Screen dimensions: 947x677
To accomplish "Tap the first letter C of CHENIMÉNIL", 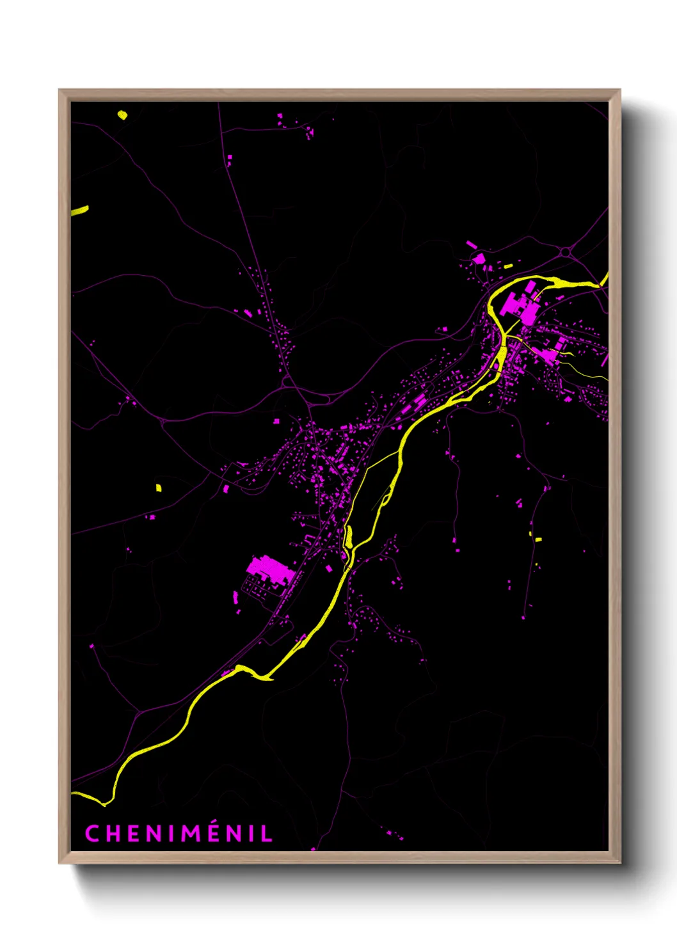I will coord(92,834).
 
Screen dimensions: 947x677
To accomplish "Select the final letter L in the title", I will coord(267,834).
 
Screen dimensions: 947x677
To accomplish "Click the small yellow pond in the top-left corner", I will coord(122,115).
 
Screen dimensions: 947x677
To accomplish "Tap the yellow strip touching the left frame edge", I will coord(80,211).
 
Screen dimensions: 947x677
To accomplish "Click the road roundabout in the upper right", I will coord(566,253).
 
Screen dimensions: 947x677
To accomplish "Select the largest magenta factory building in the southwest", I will coord(269,569).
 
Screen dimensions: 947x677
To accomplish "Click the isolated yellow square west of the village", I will coord(159,488).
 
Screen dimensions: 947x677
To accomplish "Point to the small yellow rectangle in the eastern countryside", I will coord(538,540).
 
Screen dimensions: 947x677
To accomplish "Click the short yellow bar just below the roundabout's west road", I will coord(509,266).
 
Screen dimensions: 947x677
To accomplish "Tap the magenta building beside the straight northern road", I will coord(230,157).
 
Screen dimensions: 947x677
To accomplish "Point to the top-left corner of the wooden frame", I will coord(60,91).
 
